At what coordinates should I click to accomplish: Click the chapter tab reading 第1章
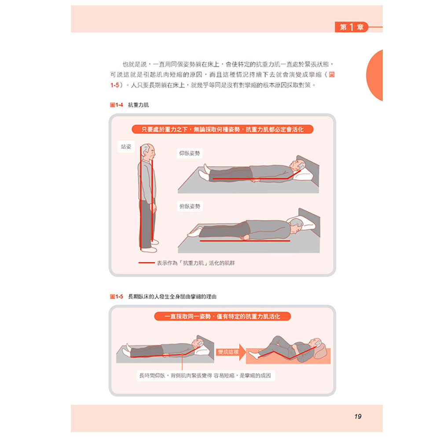click(351, 27)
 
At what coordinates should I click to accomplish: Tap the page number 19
click(357, 416)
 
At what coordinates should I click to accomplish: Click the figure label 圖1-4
click(117, 105)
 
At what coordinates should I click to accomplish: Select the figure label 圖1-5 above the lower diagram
click(117, 297)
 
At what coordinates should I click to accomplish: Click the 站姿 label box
click(126, 147)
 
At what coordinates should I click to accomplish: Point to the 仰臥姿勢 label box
click(189, 153)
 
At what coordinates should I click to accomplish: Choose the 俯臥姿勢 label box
click(190, 206)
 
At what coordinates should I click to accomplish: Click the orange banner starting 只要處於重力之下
click(223, 129)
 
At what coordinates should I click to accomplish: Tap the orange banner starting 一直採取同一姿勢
click(223, 316)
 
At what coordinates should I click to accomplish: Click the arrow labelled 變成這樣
click(231, 352)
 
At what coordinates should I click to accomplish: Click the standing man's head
click(148, 152)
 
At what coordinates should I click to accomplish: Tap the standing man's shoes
click(150, 246)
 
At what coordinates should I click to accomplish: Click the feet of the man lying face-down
click(194, 232)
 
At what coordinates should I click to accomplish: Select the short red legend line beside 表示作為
click(147, 263)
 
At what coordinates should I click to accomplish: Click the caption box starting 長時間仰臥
click(205, 375)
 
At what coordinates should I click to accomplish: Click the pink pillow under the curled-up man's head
click(321, 351)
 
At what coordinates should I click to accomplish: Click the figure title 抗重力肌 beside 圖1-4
click(138, 105)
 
